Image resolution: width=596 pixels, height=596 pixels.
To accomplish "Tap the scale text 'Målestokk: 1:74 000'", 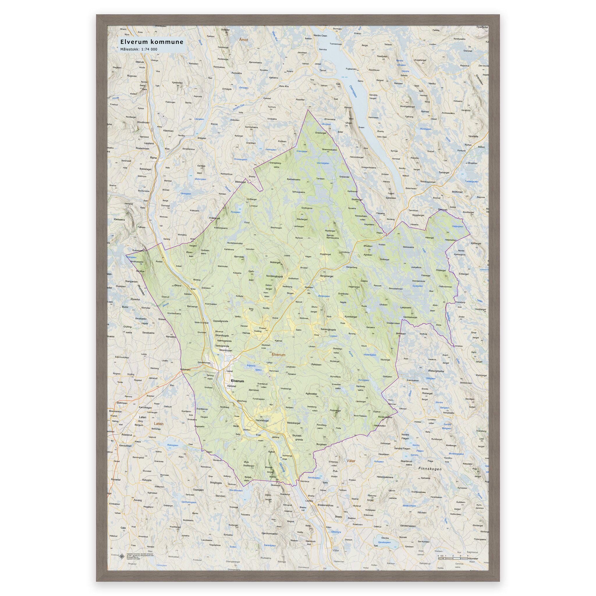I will (139, 49).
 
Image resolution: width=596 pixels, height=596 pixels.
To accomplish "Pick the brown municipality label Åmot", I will (243, 40).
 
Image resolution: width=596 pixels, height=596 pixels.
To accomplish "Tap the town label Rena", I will (153, 158).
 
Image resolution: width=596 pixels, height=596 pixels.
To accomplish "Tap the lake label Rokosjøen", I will (173, 445).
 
